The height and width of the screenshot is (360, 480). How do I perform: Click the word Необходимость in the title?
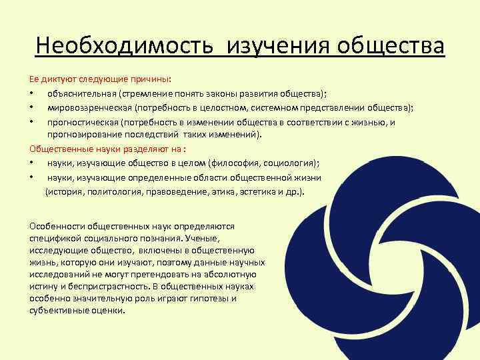click(126, 47)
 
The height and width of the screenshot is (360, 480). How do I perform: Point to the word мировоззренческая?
click(89, 108)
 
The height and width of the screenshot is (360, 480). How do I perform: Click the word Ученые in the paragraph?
click(201, 237)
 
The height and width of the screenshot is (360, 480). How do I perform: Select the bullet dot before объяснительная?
click(32, 95)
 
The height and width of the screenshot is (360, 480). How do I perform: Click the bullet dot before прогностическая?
click(32, 123)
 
